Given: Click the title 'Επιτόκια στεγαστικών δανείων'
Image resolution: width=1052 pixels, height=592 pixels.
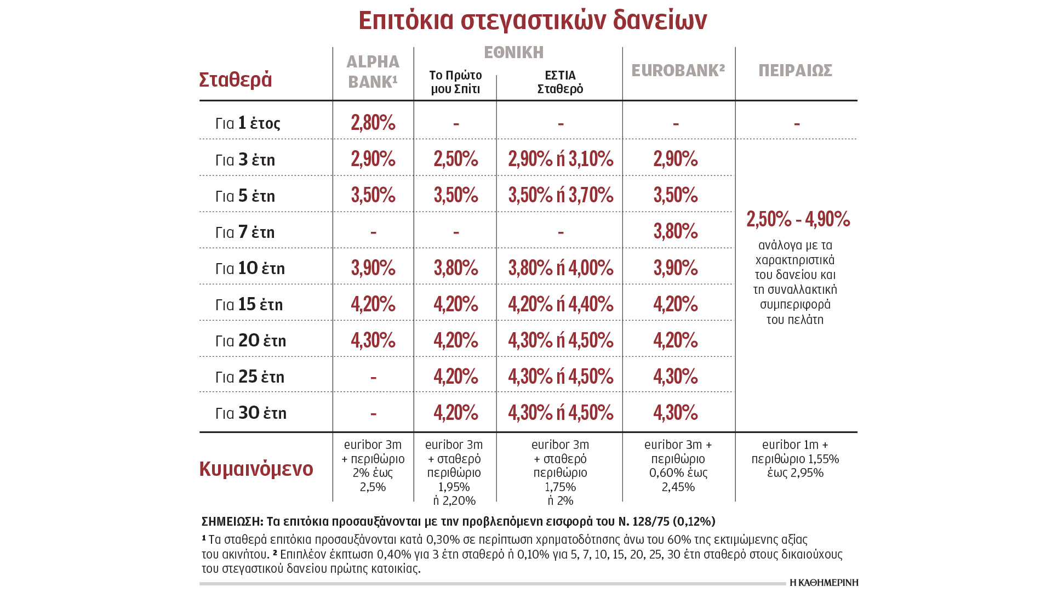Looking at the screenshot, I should pyautogui.click(x=533, y=21).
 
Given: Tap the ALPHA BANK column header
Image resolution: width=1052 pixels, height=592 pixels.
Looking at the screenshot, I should pyautogui.click(x=373, y=72).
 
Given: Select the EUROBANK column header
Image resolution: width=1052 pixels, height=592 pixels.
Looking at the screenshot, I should pyautogui.click(x=678, y=71).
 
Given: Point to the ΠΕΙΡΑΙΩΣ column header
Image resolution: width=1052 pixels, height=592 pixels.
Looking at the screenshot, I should pyautogui.click(x=795, y=71).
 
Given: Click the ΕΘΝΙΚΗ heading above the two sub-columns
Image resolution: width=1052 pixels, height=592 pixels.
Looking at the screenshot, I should pyautogui.click(x=514, y=53).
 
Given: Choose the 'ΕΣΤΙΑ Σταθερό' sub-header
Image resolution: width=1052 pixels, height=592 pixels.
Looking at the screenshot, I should pyautogui.click(x=560, y=82).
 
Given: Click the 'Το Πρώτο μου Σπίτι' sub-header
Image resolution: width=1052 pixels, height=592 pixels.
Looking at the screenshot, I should pyautogui.click(x=455, y=82).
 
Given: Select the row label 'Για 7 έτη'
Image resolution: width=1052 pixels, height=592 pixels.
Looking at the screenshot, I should pyautogui.click(x=245, y=232).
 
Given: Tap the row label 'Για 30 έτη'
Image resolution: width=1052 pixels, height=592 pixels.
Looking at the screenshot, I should pyautogui.click(x=251, y=413).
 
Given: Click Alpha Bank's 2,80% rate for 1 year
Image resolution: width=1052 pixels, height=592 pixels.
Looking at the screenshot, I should pyautogui.click(x=373, y=123).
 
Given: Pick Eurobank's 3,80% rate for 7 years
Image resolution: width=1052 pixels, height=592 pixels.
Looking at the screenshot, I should pyautogui.click(x=676, y=231).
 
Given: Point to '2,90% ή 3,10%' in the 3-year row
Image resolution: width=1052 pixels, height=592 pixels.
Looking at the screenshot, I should pyautogui.click(x=561, y=159).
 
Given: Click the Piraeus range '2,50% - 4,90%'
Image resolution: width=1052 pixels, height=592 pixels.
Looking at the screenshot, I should pyautogui.click(x=798, y=219).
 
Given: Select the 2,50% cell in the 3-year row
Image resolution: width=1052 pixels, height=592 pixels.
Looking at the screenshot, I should pyautogui.click(x=456, y=159).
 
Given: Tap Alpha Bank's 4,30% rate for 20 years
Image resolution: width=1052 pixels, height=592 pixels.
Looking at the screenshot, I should pyautogui.click(x=373, y=340).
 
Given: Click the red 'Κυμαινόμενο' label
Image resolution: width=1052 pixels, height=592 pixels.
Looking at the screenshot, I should pyautogui.click(x=256, y=469).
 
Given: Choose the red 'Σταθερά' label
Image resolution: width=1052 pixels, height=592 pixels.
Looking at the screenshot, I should pyautogui.click(x=236, y=80).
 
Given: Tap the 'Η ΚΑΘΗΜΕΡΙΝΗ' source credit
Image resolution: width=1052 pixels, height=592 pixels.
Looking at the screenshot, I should pyautogui.click(x=824, y=583).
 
